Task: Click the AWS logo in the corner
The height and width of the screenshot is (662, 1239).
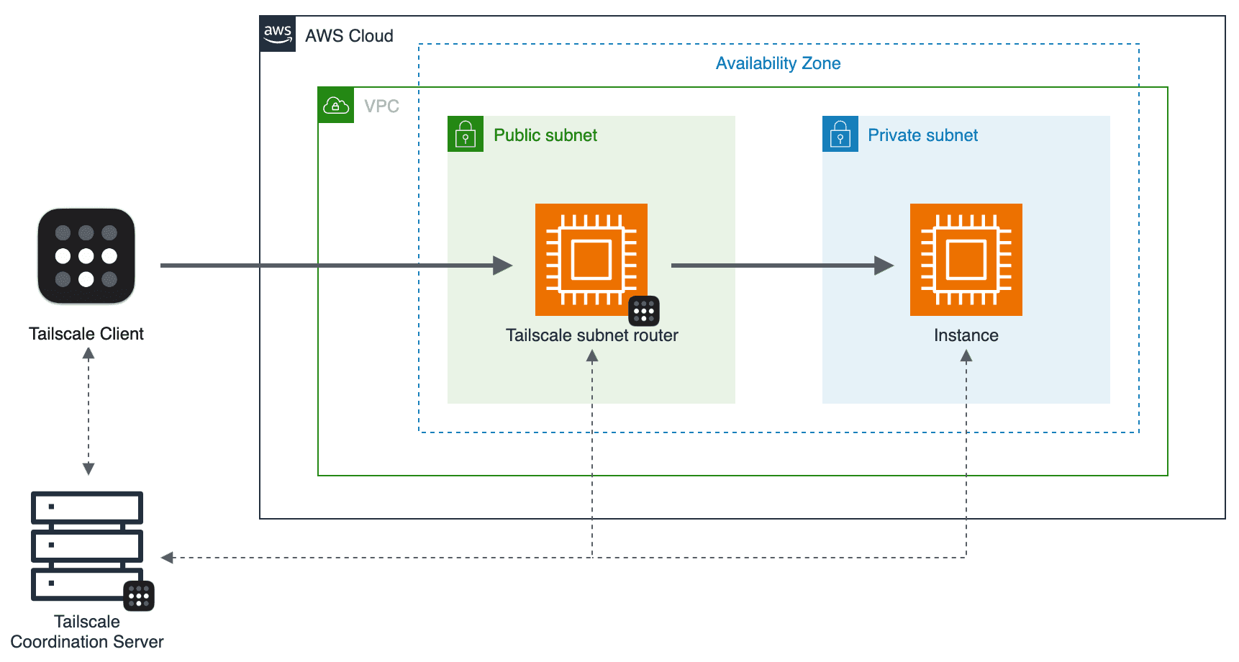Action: coord(278,34)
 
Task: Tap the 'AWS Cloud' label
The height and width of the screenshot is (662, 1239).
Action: coord(349,36)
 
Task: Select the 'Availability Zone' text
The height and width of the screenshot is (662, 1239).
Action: coord(778,63)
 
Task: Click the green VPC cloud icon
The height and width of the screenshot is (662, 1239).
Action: coord(336,106)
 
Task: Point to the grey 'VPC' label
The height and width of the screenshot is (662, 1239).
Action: coord(381,106)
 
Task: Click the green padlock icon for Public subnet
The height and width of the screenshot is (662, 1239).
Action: coord(466,134)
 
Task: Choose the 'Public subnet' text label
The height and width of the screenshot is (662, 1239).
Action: coord(545,135)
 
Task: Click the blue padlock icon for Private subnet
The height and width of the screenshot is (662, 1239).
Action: coord(840,134)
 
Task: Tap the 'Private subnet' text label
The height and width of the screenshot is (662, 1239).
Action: coord(922,135)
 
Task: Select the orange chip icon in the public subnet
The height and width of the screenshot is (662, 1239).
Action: coord(591,259)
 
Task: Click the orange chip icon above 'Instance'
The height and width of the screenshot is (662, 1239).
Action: coord(966,259)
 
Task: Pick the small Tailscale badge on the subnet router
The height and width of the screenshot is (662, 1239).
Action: coord(644,311)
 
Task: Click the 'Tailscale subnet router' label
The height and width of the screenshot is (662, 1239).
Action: coord(591,335)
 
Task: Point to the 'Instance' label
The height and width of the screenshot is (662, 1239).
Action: coord(966,335)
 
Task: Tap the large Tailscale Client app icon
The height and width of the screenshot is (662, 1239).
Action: coord(86,256)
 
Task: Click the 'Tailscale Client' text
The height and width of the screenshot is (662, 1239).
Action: coord(86,334)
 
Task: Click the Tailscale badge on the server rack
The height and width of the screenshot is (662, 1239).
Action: coord(139,596)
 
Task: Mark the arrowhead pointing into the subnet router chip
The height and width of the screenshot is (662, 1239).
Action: coord(503,266)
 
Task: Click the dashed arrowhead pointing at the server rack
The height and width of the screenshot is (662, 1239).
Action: coord(168,558)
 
